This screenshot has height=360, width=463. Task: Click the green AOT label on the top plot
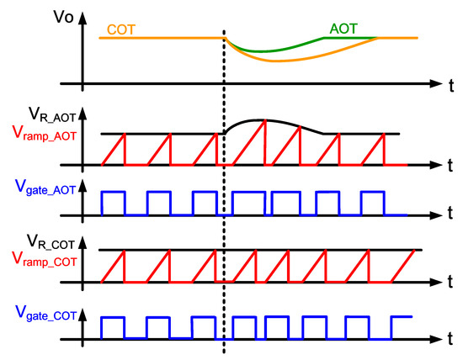click(x=341, y=29)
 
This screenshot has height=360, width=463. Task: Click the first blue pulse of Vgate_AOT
click(x=113, y=203)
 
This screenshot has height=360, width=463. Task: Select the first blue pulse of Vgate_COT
click(x=113, y=328)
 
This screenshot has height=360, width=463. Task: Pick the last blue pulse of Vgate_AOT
click(x=372, y=203)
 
